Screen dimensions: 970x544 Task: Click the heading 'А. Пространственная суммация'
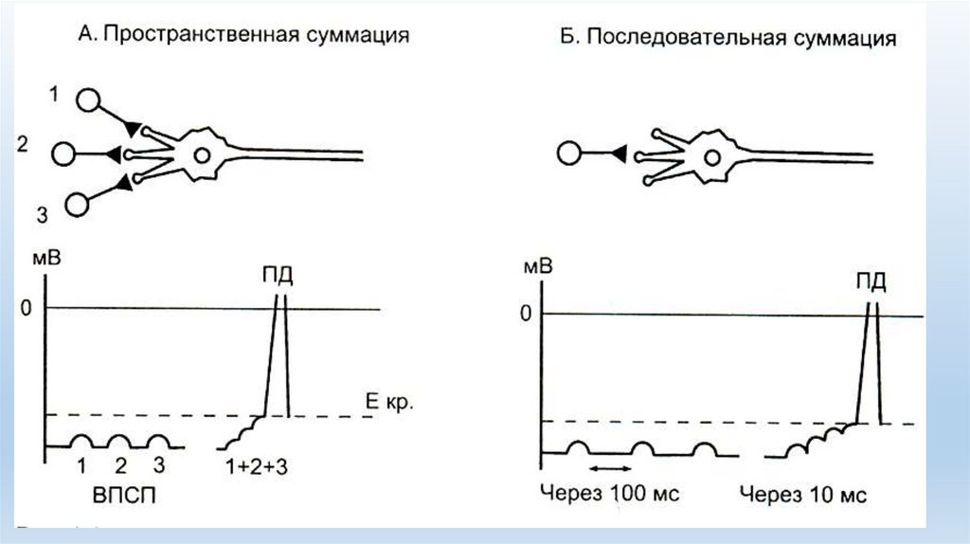pos(243,35)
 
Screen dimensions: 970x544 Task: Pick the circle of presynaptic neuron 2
pos(64,154)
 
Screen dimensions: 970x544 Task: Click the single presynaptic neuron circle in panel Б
pos(568,154)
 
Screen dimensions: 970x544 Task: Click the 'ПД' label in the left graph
pos(278,277)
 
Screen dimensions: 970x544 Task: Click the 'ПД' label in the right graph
pos(871,282)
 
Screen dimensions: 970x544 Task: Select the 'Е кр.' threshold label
pos(388,402)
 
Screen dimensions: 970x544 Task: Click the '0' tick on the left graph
pos(30,308)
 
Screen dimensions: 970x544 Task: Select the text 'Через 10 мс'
pos(803,494)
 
